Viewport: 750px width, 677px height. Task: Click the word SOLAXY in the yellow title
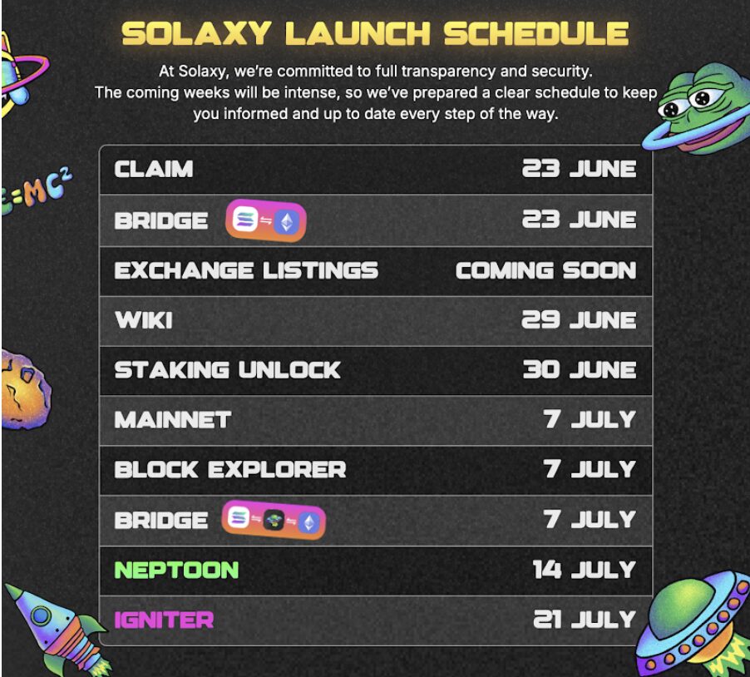tap(196, 33)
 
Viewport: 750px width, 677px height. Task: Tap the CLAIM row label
tap(154, 169)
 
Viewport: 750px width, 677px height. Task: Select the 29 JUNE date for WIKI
tap(579, 319)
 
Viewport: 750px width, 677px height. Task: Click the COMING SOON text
tap(545, 270)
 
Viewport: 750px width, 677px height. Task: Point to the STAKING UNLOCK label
tap(227, 370)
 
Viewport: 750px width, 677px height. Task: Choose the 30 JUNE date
tap(580, 370)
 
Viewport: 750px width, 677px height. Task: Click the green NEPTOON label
tap(176, 570)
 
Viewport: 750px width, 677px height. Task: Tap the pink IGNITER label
tap(164, 620)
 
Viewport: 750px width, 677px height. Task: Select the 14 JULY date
tap(585, 570)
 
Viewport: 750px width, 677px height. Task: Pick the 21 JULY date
tap(585, 620)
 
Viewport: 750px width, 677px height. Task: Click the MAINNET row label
tap(173, 420)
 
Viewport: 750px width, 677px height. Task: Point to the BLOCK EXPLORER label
tap(230, 469)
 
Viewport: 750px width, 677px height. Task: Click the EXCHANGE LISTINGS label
tap(246, 270)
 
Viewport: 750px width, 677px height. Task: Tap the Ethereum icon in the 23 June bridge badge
tap(287, 221)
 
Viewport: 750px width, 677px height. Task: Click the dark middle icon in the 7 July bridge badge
tap(274, 520)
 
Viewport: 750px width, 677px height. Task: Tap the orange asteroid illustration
tap(25, 389)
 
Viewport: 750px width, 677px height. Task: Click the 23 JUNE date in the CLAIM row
tap(579, 169)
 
